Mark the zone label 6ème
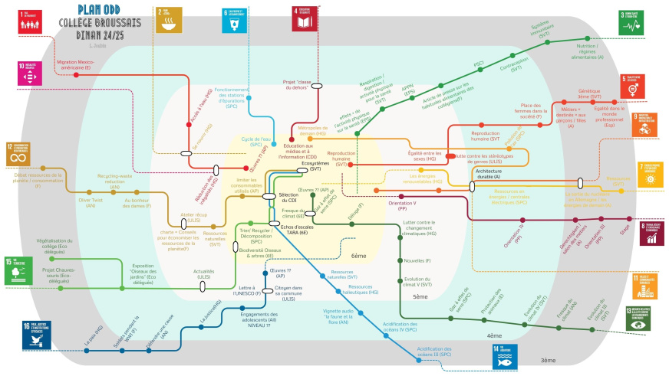(359, 257)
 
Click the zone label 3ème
(547, 360)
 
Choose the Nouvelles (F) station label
(417, 261)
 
